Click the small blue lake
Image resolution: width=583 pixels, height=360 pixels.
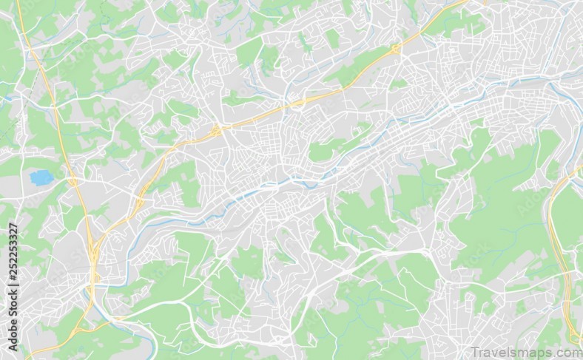click(x=41, y=177)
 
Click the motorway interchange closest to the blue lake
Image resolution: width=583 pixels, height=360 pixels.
click(x=73, y=180)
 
